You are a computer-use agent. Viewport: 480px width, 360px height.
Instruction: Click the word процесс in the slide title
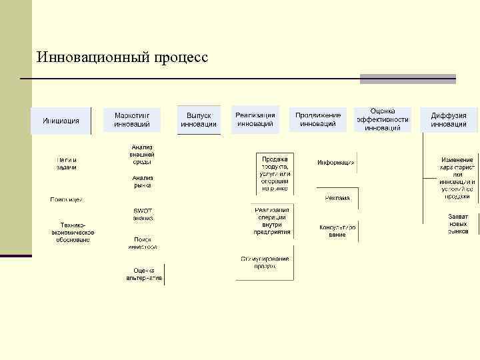point(181,59)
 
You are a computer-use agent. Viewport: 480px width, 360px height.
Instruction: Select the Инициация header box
point(61,121)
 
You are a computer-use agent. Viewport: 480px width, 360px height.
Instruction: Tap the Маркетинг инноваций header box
point(137,120)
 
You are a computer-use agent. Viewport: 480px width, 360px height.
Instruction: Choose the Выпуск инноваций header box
point(199,120)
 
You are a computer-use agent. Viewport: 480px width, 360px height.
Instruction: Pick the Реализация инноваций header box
point(255,119)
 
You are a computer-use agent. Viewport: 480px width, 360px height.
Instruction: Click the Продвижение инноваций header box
point(318,119)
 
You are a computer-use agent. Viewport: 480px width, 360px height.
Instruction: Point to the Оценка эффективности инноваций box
point(382,119)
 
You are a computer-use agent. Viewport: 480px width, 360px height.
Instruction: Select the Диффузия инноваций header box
point(448,120)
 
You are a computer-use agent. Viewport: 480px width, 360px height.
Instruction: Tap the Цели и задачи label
point(66,163)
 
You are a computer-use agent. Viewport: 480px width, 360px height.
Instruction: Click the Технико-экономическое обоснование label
point(73,229)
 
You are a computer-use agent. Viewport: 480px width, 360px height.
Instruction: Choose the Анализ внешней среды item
point(142,154)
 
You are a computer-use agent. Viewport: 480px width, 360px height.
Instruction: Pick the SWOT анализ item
point(143,214)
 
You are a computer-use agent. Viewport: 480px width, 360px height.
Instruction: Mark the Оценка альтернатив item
point(144,274)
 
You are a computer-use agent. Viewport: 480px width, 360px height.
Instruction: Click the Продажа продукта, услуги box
point(275,173)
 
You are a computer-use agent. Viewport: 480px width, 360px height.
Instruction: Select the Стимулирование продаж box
point(265,262)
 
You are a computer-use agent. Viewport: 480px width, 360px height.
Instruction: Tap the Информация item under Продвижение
point(335,163)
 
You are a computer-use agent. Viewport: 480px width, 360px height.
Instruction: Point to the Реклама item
point(337,198)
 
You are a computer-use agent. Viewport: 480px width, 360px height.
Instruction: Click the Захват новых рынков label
point(458,224)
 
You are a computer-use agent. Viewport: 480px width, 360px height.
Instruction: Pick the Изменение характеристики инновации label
point(457,179)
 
